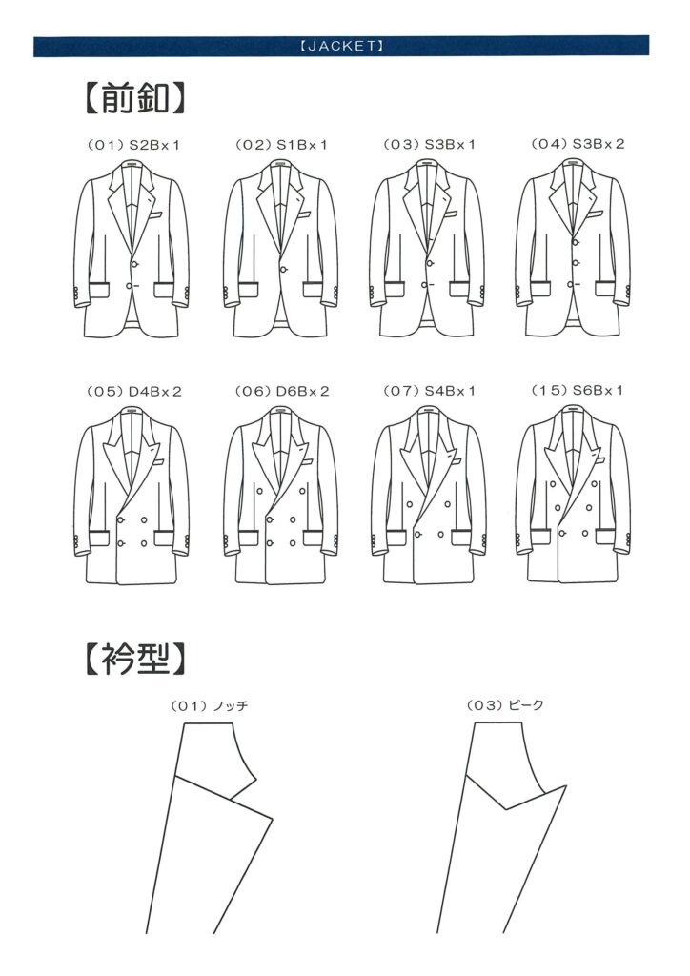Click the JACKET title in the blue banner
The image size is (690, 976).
(x=341, y=46)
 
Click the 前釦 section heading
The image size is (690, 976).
(x=134, y=98)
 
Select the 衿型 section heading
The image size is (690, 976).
(x=134, y=660)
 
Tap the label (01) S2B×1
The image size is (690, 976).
(x=133, y=145)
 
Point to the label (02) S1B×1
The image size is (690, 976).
(x=281, y=145)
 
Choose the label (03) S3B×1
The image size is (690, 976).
(x=429, y=145)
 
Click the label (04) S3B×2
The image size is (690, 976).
(x=578, y=144)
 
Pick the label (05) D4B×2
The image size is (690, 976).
(x=133, y=392)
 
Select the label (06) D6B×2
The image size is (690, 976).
(x=282, y=392)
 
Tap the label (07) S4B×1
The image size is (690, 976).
(x=429, y=391)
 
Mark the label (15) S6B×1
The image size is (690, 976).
(x=577, y=390)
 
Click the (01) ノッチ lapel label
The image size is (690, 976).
(x=209, y=706)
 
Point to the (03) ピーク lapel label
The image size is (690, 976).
(x=505, y=705)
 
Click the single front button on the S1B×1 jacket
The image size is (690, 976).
(x=284, y=270)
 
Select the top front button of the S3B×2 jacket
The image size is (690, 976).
(x=577, y=241)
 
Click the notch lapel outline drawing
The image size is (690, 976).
(x=209, y=828)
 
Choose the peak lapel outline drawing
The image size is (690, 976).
(x=501, y=828)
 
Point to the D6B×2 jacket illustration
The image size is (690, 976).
(x=281, y=496)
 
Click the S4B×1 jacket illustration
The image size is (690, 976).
(x=429, y=496)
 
